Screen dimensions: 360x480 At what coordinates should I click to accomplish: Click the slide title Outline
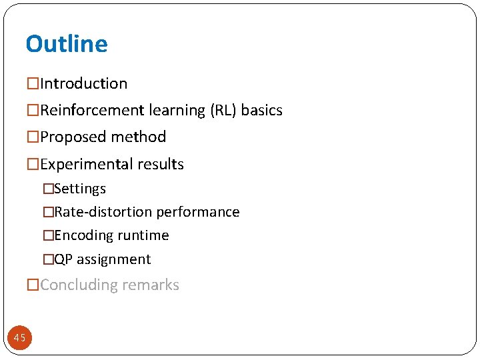[66, 44]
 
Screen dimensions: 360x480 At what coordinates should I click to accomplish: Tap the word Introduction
[83, 84]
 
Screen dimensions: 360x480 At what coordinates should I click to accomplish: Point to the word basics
[262, 111]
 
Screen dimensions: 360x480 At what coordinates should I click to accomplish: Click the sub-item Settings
[80, 189]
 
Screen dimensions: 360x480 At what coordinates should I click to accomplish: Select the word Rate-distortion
[103, 212]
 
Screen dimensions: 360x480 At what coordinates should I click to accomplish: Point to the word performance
[198, 212]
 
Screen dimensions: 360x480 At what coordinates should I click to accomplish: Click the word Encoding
[83, 236]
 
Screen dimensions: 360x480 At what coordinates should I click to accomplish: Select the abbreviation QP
[63, 259]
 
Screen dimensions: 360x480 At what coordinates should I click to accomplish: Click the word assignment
[114, 259]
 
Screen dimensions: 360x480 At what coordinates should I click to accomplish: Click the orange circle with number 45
[20, 338]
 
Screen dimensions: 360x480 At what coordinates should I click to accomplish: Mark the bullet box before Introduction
[33, 84]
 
